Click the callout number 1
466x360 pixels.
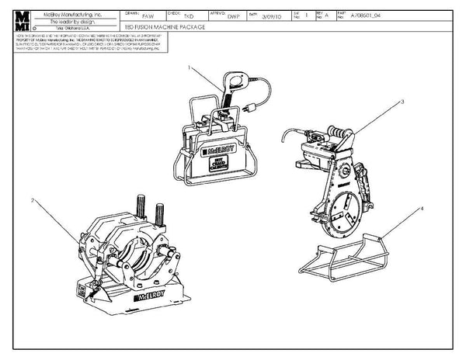tap(190, 68)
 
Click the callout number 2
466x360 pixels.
tap(32, 201)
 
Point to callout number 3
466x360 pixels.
tap(403, 101)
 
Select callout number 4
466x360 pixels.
tap(422, 209)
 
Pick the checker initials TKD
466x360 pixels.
tap(187, 16)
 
